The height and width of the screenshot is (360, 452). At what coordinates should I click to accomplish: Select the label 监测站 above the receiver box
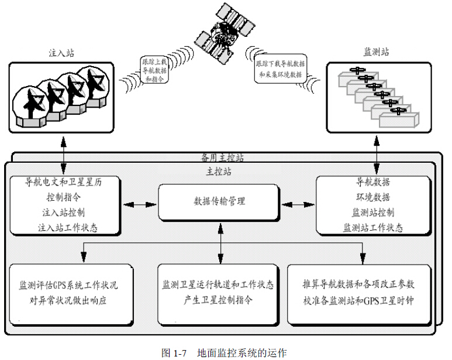pos(377,52)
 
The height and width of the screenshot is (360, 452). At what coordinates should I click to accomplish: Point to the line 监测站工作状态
pos(372,227)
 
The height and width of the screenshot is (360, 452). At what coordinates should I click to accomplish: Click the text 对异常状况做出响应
pos(68,302)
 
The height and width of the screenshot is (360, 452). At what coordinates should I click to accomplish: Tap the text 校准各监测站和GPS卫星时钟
pos(358,302)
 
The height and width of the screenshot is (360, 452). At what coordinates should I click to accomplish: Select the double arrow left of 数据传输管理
pos(140,204)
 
